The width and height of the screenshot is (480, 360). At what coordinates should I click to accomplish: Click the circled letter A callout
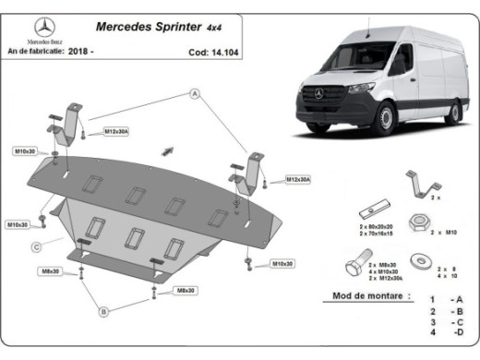[195, 93]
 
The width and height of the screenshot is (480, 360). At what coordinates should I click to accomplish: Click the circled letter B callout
[104, 311]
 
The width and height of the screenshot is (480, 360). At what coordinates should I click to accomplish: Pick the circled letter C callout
[34, 246]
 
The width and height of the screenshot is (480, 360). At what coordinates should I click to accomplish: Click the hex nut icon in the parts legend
[416, 222]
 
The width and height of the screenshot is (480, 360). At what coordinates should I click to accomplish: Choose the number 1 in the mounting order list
[431, 301]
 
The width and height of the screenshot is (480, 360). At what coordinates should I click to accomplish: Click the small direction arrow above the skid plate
[167, 149]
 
